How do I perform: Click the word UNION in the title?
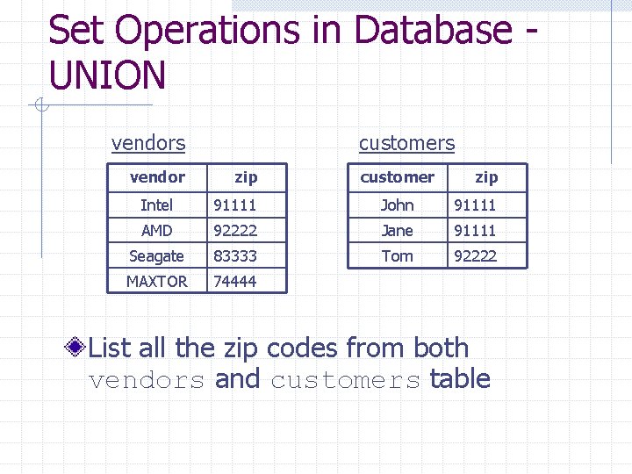point(107,75)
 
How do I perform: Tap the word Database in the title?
point(433,31)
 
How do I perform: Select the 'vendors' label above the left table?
point(148,143)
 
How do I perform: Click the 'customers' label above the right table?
point(406,143)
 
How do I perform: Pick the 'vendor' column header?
point(157,177)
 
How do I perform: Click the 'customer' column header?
point(397,177)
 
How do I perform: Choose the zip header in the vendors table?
point(246,177)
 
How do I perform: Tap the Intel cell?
point(157,205)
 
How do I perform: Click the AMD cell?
point(157,231)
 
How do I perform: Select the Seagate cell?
point(156,256)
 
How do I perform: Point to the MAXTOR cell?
point(156,282)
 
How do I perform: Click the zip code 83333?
point(235,256)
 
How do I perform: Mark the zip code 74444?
point(235,282)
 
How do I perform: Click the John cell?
point(397,205)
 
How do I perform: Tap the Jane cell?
point(397,231)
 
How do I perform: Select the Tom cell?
point(397,256)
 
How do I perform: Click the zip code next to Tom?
point(475,256)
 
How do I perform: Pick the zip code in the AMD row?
point(235,231)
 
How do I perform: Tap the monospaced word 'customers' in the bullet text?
point(345,381)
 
